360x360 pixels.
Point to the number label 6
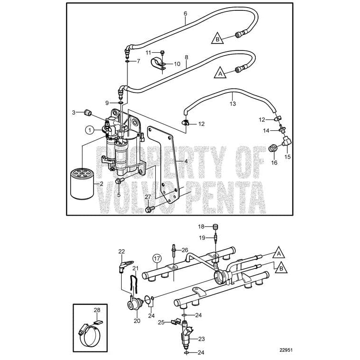pyautogui.click(x=185, y=13)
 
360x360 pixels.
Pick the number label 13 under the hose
pyautogui.click(x=232, y=102)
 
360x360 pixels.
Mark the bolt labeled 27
pyautogui.click(x=150, y=209)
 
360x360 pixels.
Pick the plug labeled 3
pyautogui.click(x=86, y=112)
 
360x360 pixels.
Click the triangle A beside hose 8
pyautogui.click(x=220, y=73)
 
